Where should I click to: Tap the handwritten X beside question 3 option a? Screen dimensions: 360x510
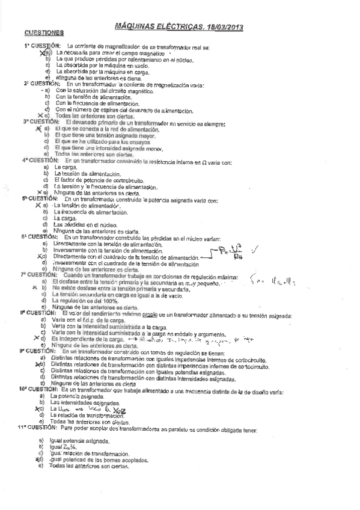(38, 129)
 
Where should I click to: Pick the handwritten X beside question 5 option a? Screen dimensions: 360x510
(37, 205)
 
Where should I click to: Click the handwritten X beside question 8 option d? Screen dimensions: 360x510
(36, 339)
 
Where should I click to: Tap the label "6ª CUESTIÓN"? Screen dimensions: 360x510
(38, 237)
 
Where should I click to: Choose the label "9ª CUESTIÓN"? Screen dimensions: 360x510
(38, 351)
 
